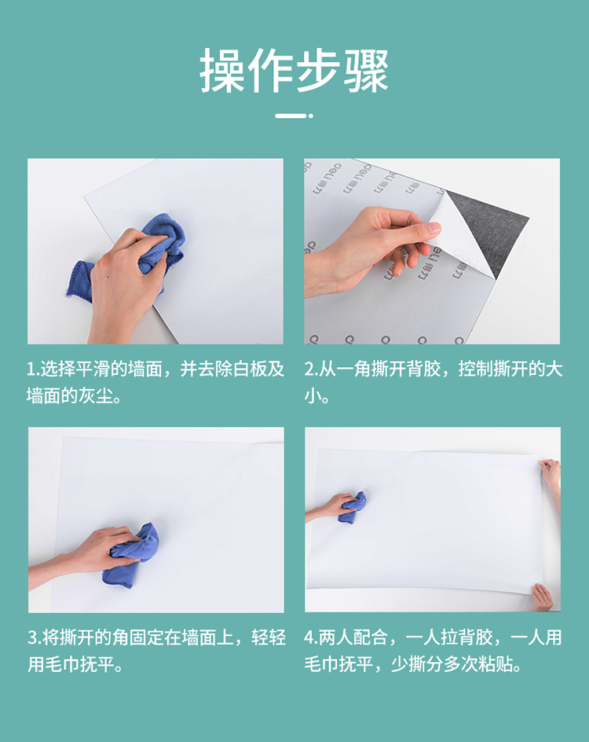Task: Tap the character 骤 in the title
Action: point(366,71)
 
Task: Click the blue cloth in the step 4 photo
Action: point(353,507)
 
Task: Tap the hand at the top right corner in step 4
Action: point(551,473)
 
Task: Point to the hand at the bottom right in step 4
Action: point(543,597)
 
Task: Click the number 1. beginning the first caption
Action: point(33,369)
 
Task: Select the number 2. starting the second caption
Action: point(311,369)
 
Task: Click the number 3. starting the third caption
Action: point(35,638)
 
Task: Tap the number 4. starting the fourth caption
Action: point(311,638)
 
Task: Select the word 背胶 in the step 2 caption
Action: point(423,369)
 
